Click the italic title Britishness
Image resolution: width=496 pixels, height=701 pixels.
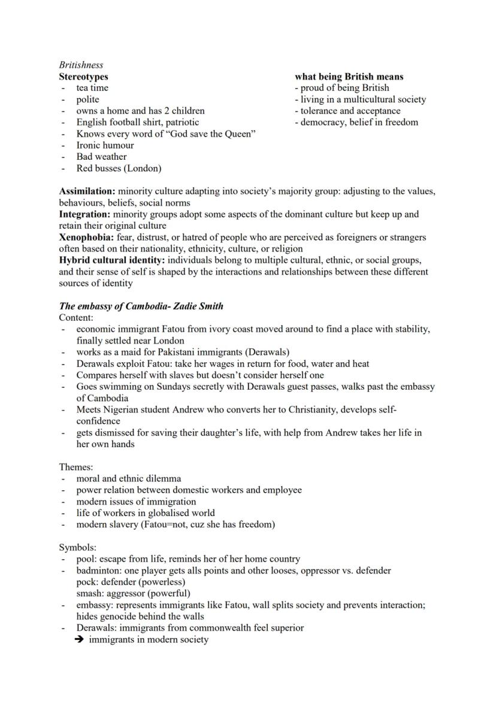81,65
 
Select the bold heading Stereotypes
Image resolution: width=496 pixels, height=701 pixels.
83,77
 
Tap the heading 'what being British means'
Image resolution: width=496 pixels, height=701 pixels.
349,77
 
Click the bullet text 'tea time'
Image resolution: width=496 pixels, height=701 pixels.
92,88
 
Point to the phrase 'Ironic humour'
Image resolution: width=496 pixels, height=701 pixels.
105,145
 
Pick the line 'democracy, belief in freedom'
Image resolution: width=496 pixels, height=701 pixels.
359,122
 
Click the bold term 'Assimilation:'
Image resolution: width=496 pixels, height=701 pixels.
87,192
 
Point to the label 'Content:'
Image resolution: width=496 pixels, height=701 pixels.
76,317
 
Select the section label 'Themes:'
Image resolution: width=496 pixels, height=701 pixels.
76,467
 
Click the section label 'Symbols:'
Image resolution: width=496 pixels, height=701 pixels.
77,547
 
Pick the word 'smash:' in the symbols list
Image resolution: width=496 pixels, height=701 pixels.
90,593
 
